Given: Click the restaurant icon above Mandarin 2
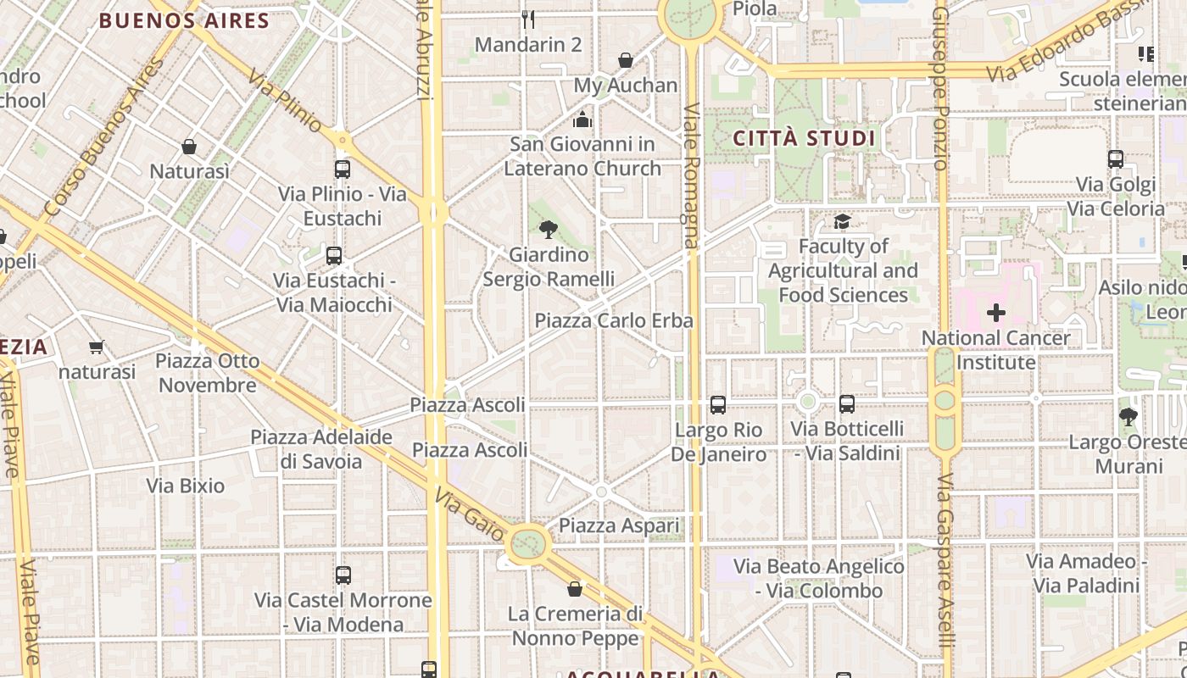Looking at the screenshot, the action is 527,19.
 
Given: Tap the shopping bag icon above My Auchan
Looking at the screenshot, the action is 626,60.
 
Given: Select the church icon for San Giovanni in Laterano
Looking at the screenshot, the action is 582,119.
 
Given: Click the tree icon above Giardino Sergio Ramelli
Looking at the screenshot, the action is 549,229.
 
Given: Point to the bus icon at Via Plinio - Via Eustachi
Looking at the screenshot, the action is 343,169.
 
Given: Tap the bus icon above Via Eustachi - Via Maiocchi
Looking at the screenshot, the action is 334,255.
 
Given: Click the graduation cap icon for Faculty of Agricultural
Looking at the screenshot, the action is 842,222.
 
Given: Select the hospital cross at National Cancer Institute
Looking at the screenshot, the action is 996,313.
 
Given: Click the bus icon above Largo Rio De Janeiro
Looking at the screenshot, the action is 718,405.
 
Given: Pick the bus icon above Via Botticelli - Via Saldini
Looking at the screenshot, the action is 847,404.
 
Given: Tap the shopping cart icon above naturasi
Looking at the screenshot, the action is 97,347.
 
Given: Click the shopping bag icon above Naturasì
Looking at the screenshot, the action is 189,147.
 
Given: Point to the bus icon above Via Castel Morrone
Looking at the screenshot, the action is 343,575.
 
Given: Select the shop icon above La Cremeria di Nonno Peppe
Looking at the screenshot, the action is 575,588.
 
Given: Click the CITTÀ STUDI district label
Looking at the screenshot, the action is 804,138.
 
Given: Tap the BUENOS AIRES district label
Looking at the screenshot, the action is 184,21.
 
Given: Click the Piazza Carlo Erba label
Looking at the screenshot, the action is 614,320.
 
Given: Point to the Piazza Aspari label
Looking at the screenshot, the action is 619,525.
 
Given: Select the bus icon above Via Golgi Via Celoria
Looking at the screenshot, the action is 1116,159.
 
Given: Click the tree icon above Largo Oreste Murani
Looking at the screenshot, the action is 1128,417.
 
